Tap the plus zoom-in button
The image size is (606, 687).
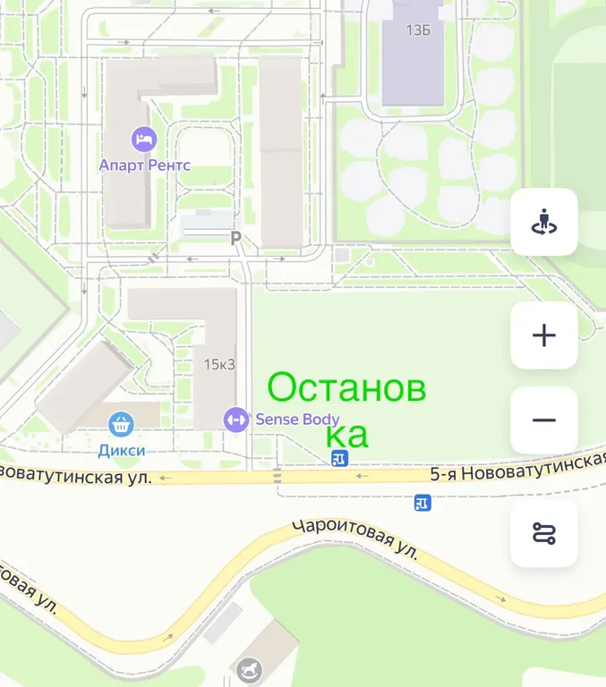pos(544,335)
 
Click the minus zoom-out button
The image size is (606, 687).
pos(544,420)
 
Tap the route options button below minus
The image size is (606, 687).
pos(544,534)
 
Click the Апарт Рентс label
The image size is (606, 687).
pos(145,165)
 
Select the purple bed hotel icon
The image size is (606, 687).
pos(143,139)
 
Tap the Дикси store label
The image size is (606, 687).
pos(122,451)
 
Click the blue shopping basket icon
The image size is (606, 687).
pos(121,425)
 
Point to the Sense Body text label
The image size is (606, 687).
pos(297,419)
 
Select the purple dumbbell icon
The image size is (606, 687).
pos(236,419)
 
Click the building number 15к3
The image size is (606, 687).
pos(218,364)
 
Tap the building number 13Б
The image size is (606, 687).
pos(418,30)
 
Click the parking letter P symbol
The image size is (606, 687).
pos(236,238)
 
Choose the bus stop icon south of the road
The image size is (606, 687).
pos(422,504)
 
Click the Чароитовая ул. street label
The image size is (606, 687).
pos(355,539)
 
